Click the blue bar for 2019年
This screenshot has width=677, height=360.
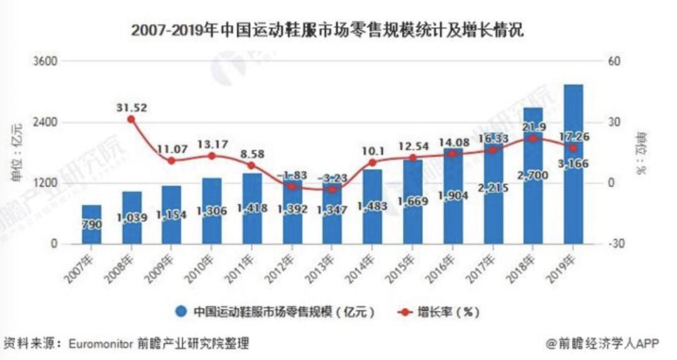[573, 164]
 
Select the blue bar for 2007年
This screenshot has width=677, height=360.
[92, 224]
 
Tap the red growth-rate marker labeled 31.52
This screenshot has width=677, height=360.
[131, 119]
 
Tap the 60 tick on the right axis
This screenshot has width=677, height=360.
[614, 61]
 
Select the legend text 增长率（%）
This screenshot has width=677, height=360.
[448, 311]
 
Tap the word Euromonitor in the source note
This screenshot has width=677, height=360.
[103, 344]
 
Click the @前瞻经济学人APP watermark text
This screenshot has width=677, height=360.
[600, 344]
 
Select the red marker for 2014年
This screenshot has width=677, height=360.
[372, 162]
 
